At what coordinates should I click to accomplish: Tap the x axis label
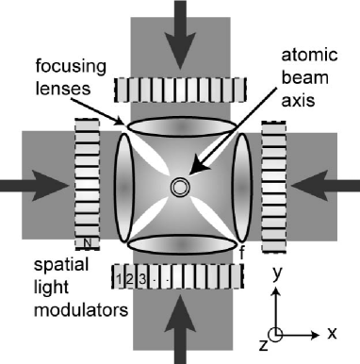pos(333,333)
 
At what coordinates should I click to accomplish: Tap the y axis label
pos(275,273)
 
